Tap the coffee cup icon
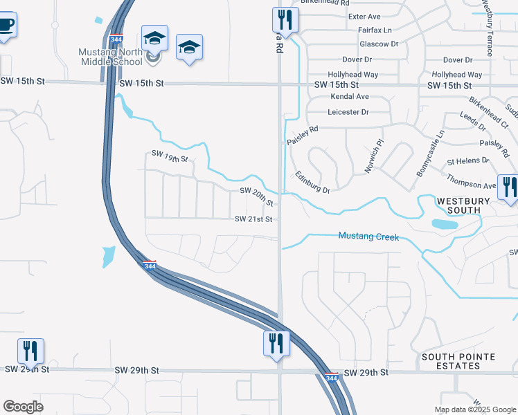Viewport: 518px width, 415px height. coord(6,25)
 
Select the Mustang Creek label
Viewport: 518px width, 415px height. coord(368,237)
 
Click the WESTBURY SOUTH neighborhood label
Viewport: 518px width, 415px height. coord(463,205)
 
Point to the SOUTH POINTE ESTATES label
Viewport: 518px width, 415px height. coord(458,362)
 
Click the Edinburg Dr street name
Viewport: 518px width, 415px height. coord(312,182)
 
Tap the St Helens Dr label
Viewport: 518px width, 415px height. coord(468,160)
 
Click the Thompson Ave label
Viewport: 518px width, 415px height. coord(472,185)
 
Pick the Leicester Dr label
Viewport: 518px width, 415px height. coord(348,111)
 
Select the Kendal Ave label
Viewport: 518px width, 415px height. coord(349,97)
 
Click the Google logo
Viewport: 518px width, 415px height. coord(23,407)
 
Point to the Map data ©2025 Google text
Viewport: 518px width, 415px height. coord(474,409)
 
